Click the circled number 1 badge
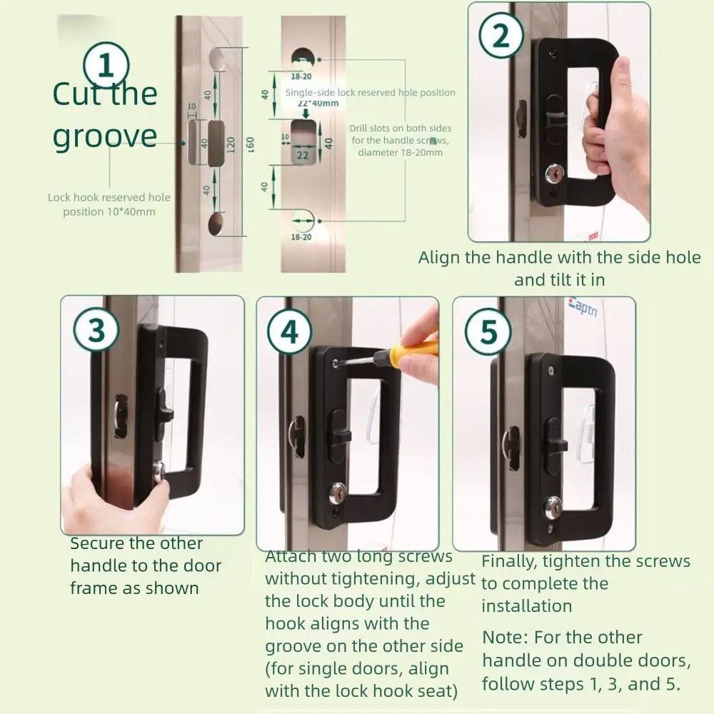click(106, 66)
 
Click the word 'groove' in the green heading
click(105, 136)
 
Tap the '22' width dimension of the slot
click(302, 155)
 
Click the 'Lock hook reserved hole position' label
click(109, 204)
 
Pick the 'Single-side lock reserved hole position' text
click(370, 92)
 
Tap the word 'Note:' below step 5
click(506, 638)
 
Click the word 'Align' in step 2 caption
click(439, 257)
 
